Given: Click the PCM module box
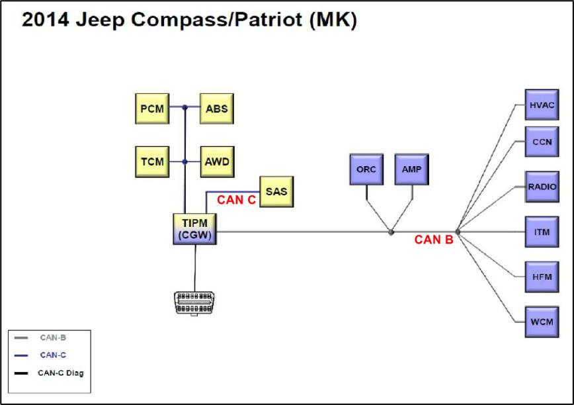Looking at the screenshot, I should click(x=151, y=107).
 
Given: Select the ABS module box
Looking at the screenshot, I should click(x=217, y=107).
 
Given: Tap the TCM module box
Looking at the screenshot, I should click(x=151, y=161).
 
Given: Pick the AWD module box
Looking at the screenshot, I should click(x=217, y=161).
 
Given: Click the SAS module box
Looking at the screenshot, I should click(x=277, y=192).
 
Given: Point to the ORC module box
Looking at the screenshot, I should click(x=366, y=169).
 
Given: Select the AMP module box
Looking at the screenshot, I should click(x=412, y=169).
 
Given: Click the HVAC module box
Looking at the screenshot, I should click(x=542, y=105).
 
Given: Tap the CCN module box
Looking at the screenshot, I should click(x=542, y=141).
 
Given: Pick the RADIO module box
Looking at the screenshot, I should click(x=542, y=187).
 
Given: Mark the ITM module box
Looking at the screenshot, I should click(x=542, y=232).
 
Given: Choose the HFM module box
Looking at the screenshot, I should click(x=542, y=277).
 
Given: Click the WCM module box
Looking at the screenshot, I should click(x=542, y=322).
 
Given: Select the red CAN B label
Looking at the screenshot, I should click(x=433, y=240).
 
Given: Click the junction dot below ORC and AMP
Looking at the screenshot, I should click(x=391, y=232).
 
